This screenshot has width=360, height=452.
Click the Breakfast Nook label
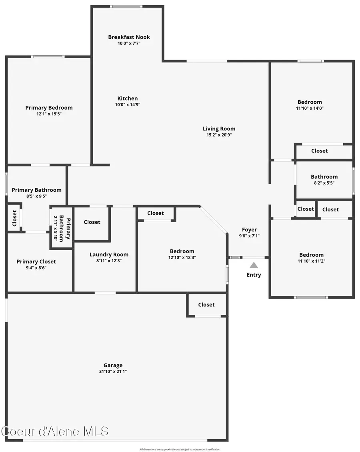[129, 37]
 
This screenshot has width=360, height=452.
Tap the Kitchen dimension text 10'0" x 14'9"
[128, 105]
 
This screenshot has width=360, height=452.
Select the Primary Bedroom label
[49, 108]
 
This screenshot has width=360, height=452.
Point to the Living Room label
[219, 129]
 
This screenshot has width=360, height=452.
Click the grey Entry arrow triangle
[254, 265]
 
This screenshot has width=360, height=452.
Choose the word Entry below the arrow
[254, 275]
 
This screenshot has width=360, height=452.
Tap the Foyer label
[249, 230]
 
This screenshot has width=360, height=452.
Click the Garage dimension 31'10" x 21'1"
[113, 372]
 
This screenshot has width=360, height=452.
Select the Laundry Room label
[109, 255]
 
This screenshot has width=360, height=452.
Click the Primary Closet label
[36, 262]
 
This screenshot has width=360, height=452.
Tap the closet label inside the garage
[206, 305]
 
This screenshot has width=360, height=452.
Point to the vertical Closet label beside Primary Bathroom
[14, 218]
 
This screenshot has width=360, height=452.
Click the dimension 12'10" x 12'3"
[182, 258]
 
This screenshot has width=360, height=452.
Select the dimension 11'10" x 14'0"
[310, 108]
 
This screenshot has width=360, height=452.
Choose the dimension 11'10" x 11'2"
[311, 261]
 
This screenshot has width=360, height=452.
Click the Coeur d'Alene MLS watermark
[55, 431]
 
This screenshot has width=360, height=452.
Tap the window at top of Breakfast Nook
[126, 6]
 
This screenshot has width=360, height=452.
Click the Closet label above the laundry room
[92, 222]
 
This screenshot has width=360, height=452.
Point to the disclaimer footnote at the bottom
[180, 449]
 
